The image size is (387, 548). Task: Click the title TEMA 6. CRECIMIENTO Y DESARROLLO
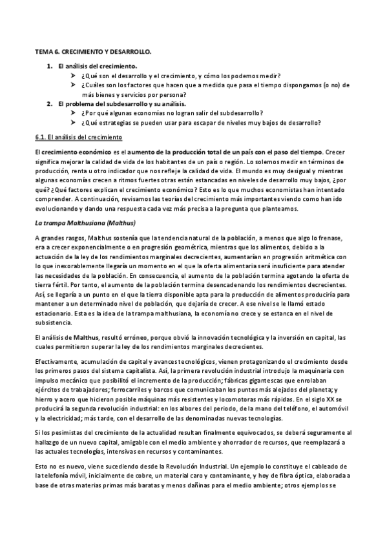pos(93,50)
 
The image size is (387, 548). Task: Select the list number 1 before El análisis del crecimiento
pos(50,66)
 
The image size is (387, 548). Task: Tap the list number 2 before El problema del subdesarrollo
pos(50,103)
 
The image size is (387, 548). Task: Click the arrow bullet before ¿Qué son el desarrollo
pos(74,76)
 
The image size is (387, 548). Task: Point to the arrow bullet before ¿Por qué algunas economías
pos(74,113)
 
